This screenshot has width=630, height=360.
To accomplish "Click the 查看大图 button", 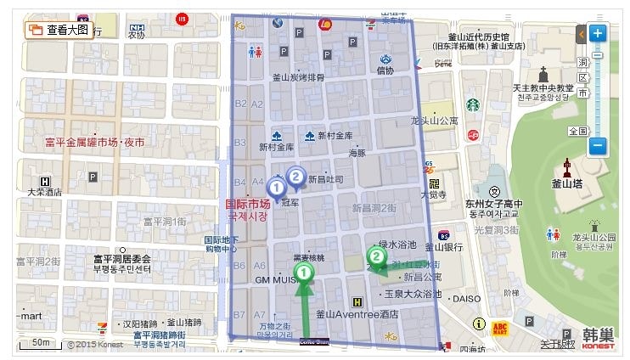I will [59, 30].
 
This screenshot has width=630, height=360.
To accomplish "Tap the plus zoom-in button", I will [597, 34].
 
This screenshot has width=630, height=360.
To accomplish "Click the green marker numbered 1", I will [306, 271].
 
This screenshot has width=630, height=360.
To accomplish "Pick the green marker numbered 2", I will [376, 255].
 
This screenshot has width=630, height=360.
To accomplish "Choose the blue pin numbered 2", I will [295, 176].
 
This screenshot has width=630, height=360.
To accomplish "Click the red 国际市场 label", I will [248, 204].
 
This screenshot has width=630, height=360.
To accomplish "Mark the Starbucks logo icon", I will [471, 104].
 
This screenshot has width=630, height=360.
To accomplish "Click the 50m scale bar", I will [39, 343].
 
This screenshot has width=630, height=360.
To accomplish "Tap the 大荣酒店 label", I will [45, 193].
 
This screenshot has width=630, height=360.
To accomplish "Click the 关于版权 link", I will [557, 344].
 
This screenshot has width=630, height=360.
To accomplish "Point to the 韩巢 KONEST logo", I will [599, 337].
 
